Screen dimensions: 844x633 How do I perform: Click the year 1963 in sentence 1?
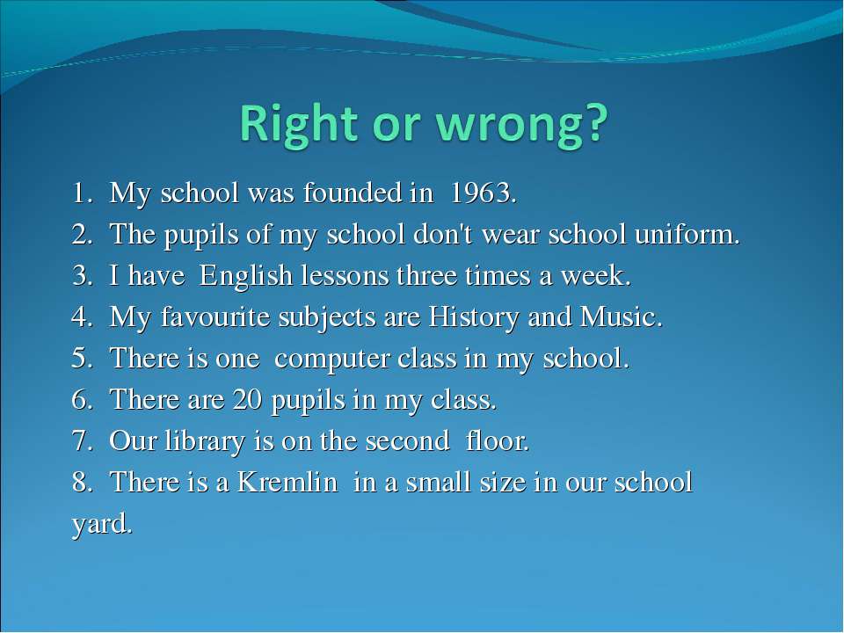click(480, 193)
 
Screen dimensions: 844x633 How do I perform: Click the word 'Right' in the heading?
click(299, 123)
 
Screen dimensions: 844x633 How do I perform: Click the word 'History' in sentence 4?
click(474, 317)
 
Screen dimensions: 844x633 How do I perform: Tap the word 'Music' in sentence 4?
click(618, 316)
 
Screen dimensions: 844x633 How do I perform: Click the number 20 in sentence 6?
click(248, 399)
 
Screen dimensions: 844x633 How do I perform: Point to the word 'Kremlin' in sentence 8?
click(287, 482)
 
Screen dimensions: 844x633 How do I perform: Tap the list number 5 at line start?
click(80, 358)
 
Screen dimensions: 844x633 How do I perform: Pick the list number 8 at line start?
click(80, 482)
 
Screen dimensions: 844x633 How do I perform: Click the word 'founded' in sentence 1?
click(352, 193)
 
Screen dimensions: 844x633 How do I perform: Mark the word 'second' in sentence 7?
click(407, 441)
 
